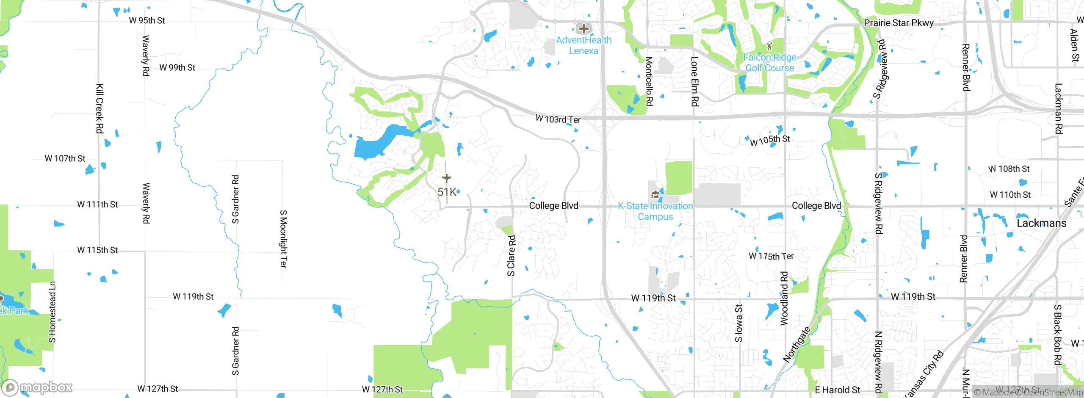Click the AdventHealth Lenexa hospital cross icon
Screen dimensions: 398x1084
[x=583, y=29]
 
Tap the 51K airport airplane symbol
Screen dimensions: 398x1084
[x=447, y=178]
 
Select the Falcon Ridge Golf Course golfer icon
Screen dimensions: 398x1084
[x=769, y=46]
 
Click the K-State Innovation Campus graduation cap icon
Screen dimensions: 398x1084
[x=655, y=195]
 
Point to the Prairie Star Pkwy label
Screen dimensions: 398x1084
[x=899, y=23]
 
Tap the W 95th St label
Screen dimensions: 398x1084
[x=147, y=20]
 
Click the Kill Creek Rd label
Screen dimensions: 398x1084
[x=100, y=108]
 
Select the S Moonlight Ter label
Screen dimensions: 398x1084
[x=283, y=239]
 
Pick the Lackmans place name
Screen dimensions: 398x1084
[x=1041, y=223]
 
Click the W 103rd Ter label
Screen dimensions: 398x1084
[x=558, y=119]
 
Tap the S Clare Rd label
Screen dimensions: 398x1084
[x=512, y=256]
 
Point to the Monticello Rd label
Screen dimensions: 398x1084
[x=649, y=81]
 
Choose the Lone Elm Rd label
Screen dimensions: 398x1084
[x=694, y=81]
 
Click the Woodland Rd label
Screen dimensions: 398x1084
[x=784, y=298]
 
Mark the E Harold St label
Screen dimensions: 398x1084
[x=837, y=390]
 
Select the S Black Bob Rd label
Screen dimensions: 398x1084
[x=1057, y=334]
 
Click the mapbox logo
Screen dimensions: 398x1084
[x=37, y=387]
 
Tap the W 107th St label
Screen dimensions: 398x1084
[x=65, y=158]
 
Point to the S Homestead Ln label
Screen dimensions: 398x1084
[x=52, y=312]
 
